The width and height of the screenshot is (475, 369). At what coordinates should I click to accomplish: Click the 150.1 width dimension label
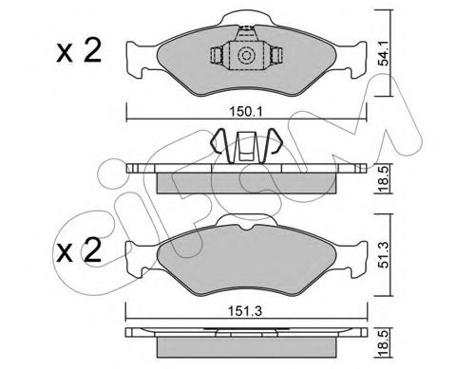[246, 112]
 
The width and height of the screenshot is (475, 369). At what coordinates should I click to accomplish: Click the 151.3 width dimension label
[246, 311]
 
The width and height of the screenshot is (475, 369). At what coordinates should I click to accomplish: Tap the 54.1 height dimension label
[384, 57]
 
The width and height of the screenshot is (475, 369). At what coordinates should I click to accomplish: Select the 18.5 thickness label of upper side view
[384, 178]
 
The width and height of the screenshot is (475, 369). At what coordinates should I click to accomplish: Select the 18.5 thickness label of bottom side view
[384, 343]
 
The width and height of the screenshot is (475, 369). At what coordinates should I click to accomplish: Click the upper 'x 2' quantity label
[79, 50]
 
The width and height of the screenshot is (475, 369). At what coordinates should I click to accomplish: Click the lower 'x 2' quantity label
[79, 250]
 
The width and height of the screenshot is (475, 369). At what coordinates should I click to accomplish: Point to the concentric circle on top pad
[246, 56]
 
